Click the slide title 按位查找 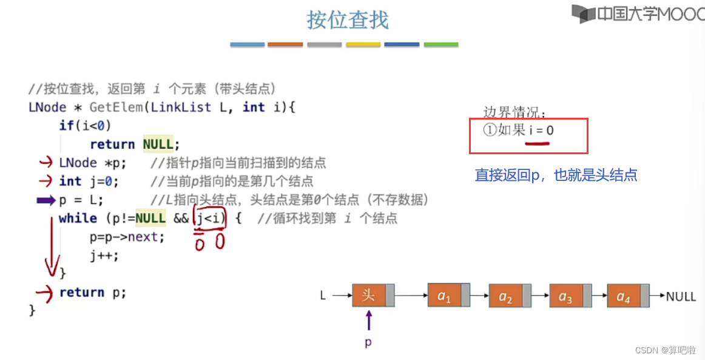[348, 21]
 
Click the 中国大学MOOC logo [637, 14]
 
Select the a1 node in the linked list [445, 296]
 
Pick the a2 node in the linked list [505, 297]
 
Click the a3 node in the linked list [565, 297]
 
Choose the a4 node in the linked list [623, 297]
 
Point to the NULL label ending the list [681, 297]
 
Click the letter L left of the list [323, 296]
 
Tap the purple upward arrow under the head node [368, 319]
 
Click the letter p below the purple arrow [368, 342]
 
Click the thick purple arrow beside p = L [46, 200]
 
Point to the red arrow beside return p [45, 293]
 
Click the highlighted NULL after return [158, 144]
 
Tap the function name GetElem [116, 107]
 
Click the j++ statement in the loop [104, 255]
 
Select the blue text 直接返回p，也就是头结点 [556, 175]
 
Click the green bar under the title [441, 44]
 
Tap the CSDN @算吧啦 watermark [665, 350]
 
